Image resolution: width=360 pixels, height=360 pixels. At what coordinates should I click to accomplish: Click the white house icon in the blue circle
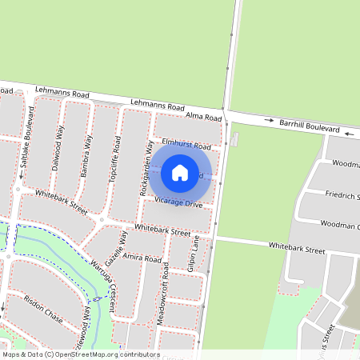click(180, 172)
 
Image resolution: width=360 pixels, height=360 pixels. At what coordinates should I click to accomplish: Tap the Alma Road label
click(202, 116)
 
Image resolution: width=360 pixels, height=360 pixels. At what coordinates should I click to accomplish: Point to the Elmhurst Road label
click(186, 146)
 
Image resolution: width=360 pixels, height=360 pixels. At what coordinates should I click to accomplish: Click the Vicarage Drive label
click(179, 203)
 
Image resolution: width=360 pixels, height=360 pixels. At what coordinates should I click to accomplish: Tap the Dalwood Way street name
click(59, 147)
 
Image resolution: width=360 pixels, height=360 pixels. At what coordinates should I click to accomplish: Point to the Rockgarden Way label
click(146, 169)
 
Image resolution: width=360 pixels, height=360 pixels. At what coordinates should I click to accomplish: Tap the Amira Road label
click(143, 259)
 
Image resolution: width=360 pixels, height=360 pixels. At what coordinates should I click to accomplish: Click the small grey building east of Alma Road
click(234, 141)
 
